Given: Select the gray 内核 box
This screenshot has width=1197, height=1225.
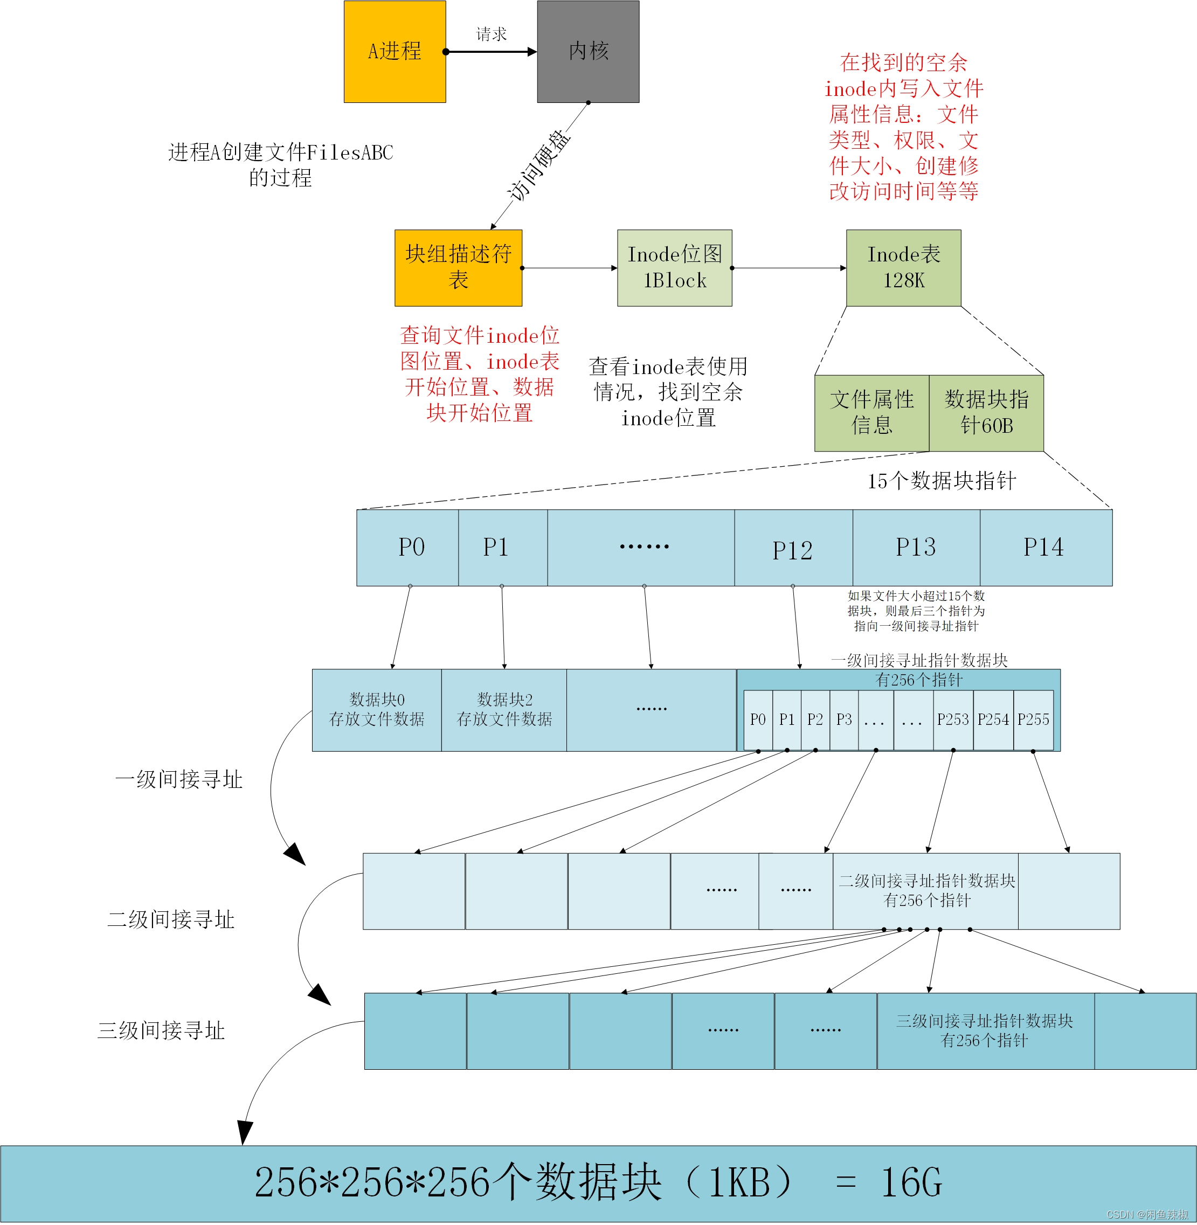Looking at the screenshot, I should (x=588, y=52).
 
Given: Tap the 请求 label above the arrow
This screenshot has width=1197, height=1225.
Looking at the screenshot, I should (x=491, y=34).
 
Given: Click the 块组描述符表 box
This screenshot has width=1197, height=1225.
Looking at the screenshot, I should (x=458, y=268).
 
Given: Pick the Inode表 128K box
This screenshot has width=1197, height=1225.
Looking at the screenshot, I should (x=903, y=268).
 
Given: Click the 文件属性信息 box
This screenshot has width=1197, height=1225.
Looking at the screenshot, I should (x=871, y=413).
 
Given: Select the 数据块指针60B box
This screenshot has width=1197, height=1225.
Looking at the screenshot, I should (x=986, y=413).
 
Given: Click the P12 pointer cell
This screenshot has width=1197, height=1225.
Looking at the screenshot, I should (x=793, y=550).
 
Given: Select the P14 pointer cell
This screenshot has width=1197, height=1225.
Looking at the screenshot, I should (x=1044, y=548).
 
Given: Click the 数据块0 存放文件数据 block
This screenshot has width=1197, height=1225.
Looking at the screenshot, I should (x=377, y=710).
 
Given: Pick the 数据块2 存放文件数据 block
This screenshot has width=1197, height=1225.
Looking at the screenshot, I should (x=504, y=710).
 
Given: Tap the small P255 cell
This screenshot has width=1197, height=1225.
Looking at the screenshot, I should (x=1033, y=719).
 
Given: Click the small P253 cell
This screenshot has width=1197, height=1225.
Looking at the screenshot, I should (x=952, y=719).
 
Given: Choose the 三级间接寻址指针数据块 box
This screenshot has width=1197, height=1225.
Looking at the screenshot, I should (x=984, y=1031).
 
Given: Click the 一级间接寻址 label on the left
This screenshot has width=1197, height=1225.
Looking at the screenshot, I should (x=178, y=780).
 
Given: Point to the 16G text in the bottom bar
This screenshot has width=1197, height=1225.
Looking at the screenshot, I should (x=911, y=1183).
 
